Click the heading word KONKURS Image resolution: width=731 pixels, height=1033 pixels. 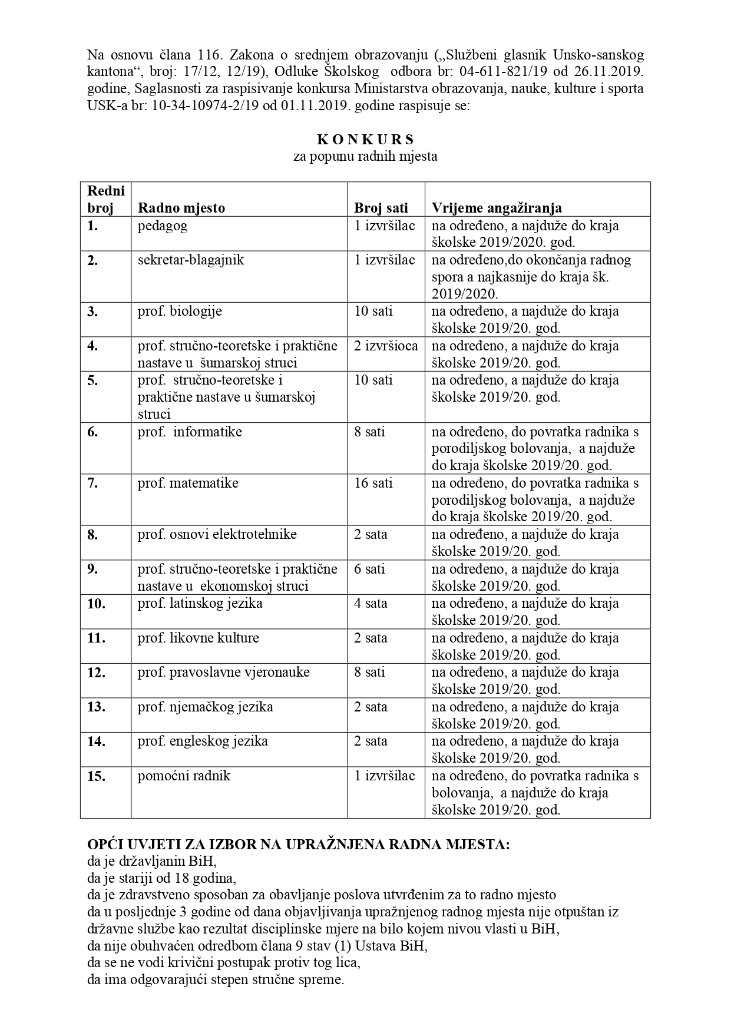point(365,140)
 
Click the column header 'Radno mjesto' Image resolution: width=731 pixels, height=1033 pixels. point(181,208)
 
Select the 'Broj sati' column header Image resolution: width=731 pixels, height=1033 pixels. point(381,208)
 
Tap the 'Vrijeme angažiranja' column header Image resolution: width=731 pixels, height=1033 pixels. point(497,208)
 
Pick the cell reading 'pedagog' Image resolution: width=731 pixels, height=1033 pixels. point(163,226)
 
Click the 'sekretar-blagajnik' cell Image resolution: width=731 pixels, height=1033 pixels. point(190,260)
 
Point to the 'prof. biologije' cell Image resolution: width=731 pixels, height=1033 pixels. point(180,311)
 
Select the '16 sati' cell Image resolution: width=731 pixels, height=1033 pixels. point(373,484)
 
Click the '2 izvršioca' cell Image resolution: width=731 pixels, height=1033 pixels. point(385,346)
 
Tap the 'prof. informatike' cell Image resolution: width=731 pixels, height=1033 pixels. point(190,432)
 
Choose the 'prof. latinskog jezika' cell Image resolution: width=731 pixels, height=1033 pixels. point(200,604)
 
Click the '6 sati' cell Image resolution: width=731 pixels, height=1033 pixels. point(369,569)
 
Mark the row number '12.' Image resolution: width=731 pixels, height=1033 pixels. point(96,673)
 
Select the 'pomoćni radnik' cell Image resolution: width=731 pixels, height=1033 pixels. point(184,776)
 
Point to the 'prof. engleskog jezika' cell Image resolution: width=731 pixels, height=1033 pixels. point(203,741)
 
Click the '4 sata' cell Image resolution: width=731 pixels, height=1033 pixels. point(371,604)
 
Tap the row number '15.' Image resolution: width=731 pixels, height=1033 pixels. point(96,776)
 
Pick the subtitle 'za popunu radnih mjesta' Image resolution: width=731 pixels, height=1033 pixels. point(365,157)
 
